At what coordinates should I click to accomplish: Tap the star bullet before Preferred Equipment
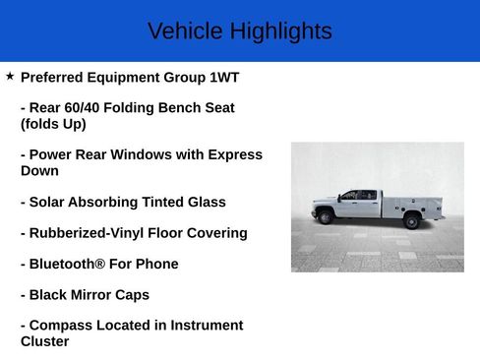tap(10, 76)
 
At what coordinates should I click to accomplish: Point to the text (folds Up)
tap(53, 124)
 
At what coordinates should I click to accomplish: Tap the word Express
tap(239, 154)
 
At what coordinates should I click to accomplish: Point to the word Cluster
tap(45, 341)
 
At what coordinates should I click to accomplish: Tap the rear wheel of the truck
tap(411, 221)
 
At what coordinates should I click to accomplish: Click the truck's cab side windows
tap(357, 196)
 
